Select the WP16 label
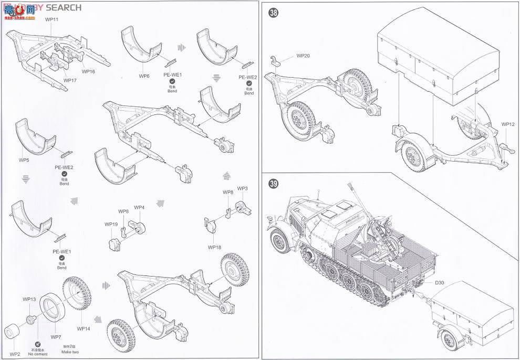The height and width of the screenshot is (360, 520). coord(88,71)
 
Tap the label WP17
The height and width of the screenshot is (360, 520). coord(70,80)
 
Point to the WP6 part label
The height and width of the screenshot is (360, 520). coord(144,76)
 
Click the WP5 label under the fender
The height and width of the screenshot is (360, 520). coord(24,160)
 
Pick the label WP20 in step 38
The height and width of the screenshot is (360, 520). coord(303,55)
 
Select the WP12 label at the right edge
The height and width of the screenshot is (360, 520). coord(507,124)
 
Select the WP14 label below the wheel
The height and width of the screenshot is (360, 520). coord(83,329)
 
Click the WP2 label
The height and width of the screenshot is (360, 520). coord(15,354)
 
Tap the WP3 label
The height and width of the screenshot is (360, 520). coord(242,188)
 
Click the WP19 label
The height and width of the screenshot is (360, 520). coord(111,224)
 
